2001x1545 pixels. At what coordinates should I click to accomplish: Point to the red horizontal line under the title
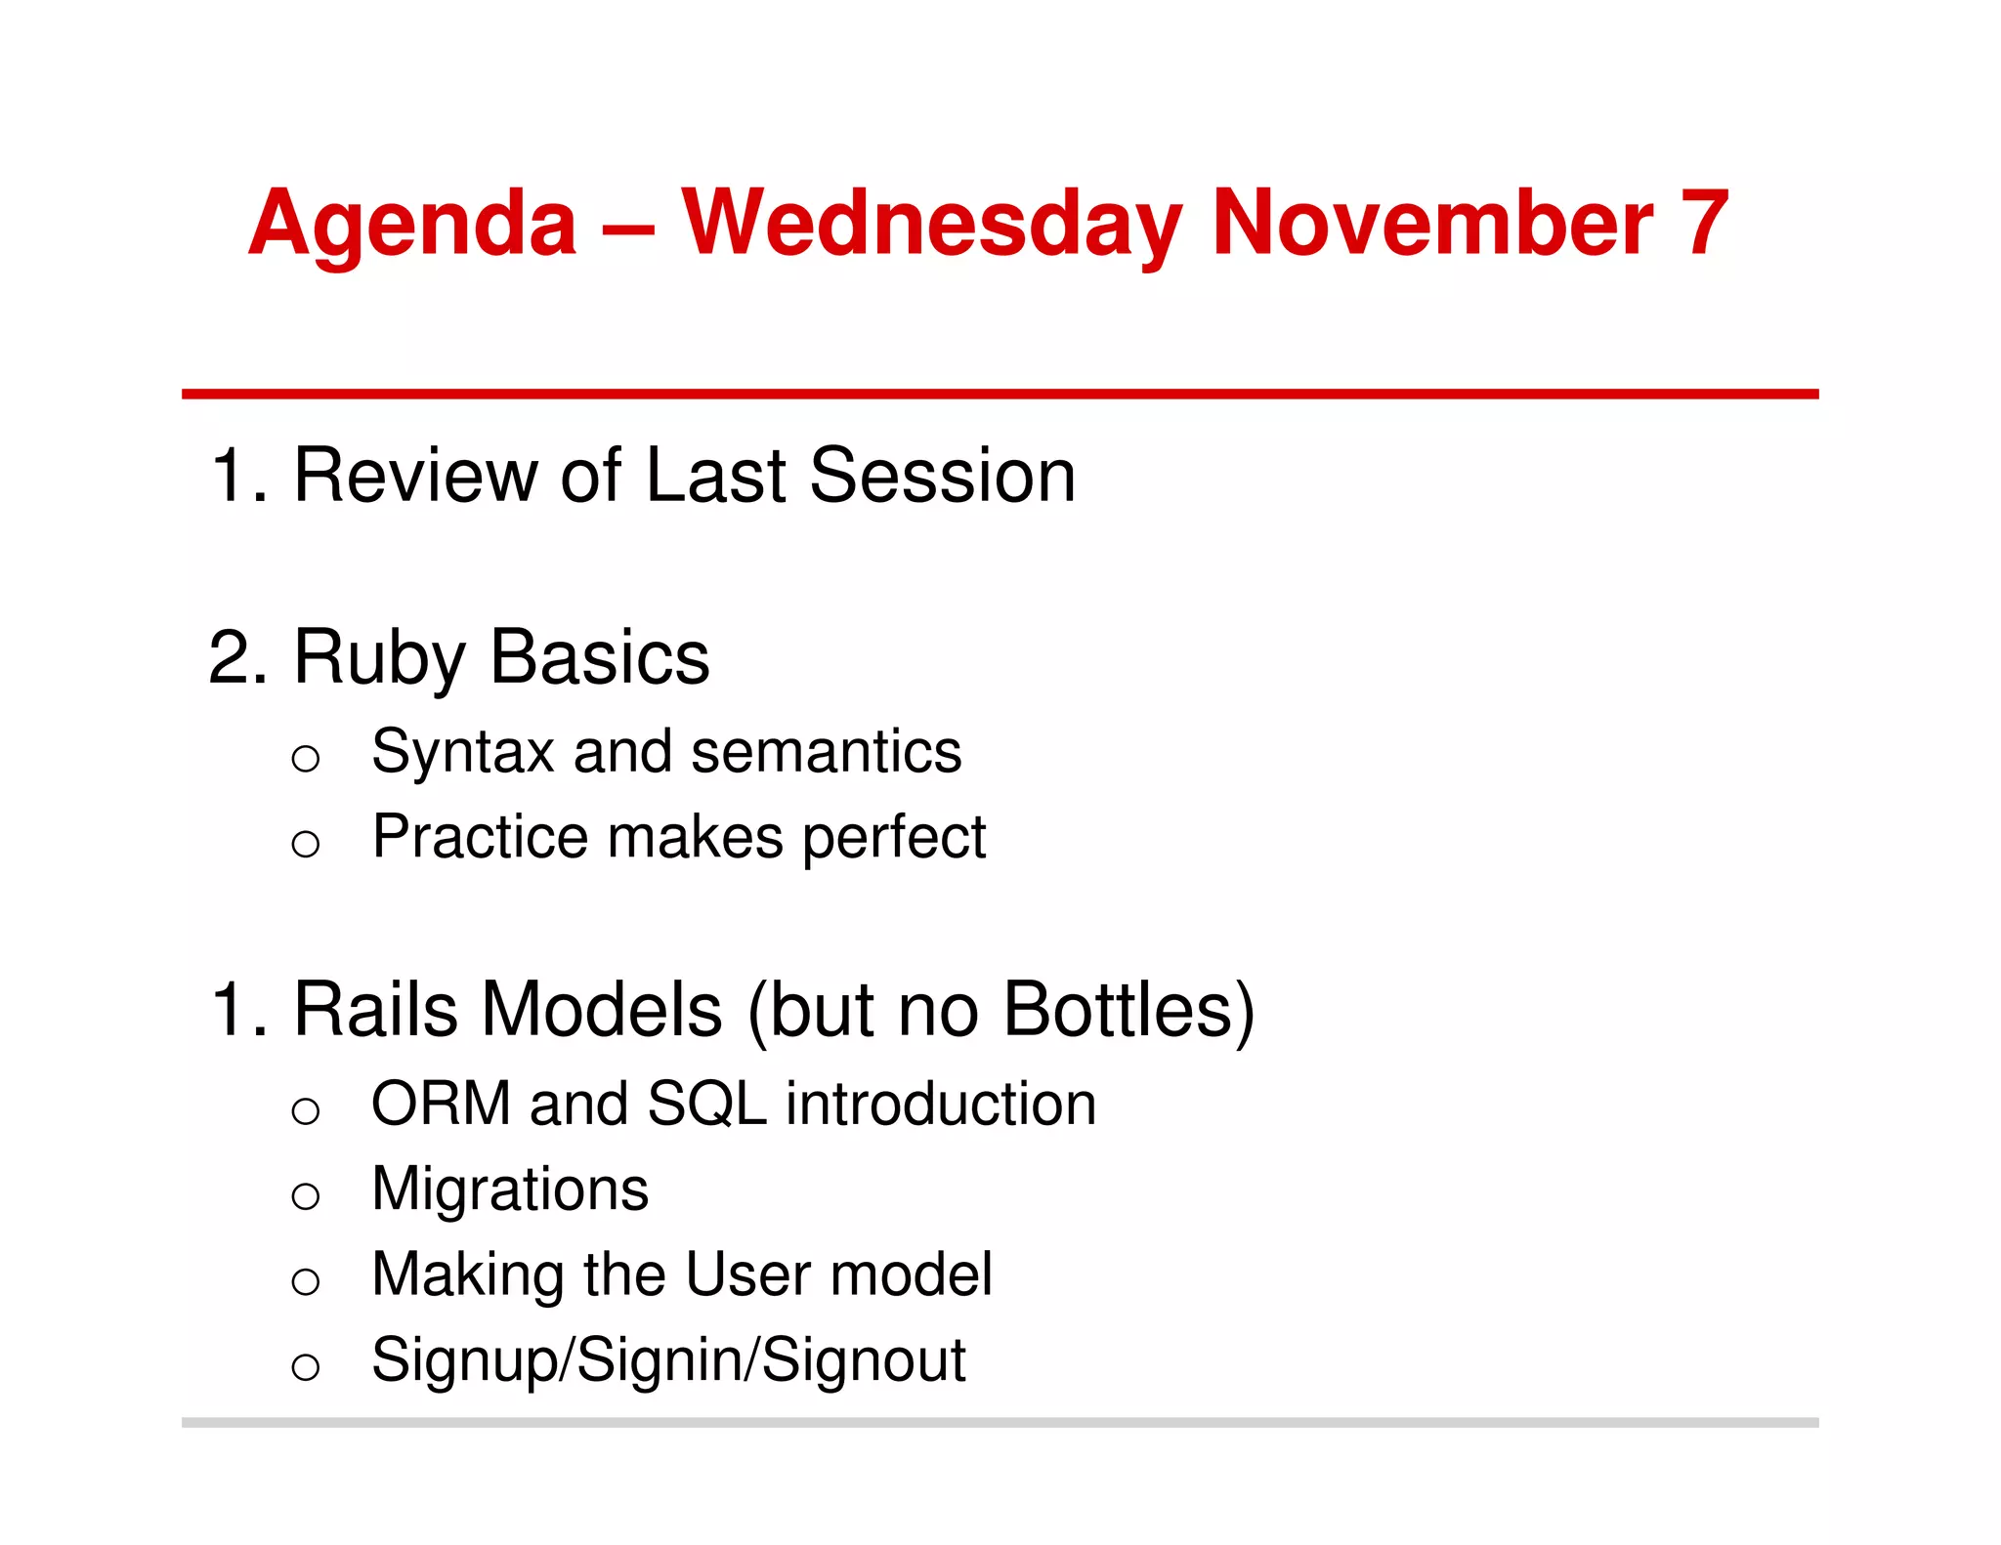1000,394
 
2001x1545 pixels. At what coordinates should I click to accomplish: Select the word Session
942,476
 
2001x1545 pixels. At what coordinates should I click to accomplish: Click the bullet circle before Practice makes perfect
306,843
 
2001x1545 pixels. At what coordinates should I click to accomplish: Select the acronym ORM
441,1104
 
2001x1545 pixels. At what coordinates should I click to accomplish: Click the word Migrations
510,1190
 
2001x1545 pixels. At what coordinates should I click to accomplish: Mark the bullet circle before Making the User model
306,1280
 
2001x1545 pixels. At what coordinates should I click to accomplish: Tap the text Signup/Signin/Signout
668,1360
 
